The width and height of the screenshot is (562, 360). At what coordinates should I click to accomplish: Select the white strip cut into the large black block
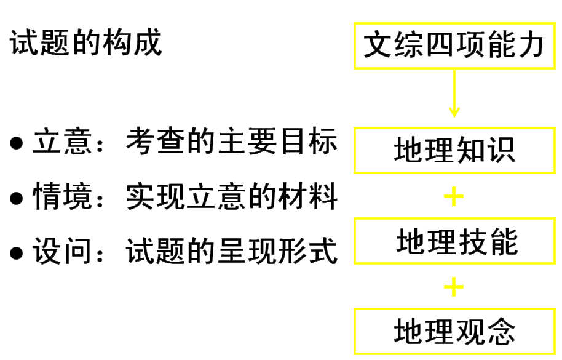(x=117, y=223)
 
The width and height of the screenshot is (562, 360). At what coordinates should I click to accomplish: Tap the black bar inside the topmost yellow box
(x=453, y=44)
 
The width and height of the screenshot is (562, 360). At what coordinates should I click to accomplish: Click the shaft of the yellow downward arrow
(x=454, y=89)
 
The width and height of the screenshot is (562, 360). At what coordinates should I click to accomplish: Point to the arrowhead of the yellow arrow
(x=454, y=113)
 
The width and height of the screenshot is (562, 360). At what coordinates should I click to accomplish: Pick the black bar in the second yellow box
(x=454, y=150)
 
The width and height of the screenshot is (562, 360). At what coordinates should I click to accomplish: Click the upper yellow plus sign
(x=454, y=197)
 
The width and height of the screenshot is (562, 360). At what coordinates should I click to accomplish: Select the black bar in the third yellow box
(x=457, y=242)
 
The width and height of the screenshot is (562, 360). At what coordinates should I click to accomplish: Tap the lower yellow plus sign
(x=454, y=287)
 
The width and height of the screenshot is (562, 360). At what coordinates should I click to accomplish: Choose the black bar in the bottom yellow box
(x=454, y=331)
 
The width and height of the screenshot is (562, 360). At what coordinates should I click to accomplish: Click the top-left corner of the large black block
(x=10, y=28)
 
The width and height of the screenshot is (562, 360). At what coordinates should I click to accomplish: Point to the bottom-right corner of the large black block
(x=337, y=264)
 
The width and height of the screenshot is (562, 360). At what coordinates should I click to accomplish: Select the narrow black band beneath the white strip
(x=117, y=251)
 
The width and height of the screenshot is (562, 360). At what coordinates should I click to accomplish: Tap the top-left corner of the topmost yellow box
(x=355, y=23)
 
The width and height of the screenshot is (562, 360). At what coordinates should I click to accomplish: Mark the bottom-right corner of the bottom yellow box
(x=554, y=353)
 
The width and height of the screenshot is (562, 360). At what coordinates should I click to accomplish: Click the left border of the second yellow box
(x=355, y=150)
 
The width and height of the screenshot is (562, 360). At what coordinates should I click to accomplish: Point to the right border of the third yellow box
(x=554, y=241)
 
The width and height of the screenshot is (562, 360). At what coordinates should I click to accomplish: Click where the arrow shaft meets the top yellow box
(x=454, y=69)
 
